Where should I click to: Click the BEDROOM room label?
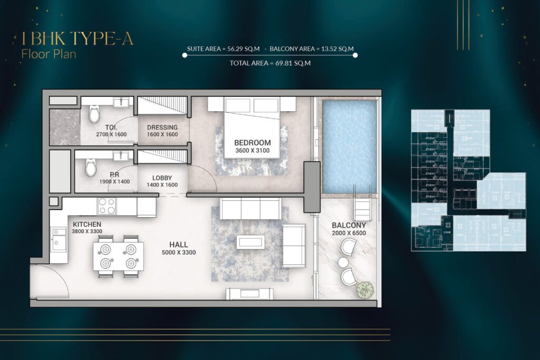252,142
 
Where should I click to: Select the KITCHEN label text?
86,224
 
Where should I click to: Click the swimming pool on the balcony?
349,146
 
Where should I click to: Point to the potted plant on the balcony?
364,289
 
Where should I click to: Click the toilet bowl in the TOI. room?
94,113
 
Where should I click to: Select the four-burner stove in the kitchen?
106,206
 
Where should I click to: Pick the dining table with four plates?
118,256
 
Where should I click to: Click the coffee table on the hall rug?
250,242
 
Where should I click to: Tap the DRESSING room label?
162,128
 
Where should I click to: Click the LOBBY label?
162,178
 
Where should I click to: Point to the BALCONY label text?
349,225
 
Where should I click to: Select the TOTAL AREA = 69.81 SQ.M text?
270,63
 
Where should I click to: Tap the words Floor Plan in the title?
49,53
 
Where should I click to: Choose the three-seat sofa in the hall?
251,209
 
